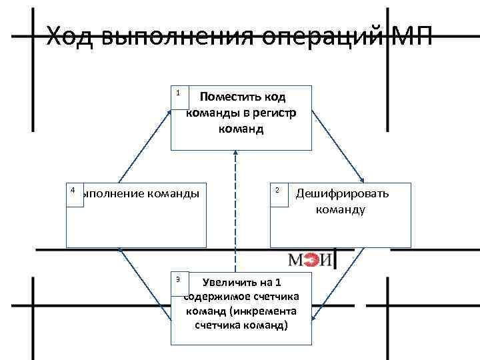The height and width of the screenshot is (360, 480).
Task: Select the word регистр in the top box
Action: click(x=273, y=113)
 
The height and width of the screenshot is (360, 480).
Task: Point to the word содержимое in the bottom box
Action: click(x=215, y=297)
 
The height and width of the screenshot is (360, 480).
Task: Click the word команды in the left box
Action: click(x=172, y=193)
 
